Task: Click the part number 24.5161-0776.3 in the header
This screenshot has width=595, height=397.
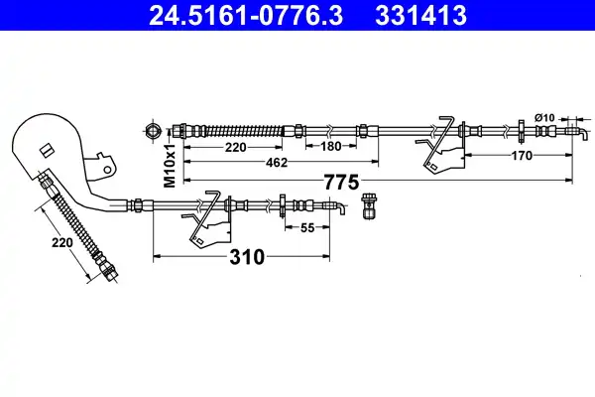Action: point(246,16)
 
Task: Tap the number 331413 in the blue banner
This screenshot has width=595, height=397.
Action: point(420,16)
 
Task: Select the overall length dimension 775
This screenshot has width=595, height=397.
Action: point(341,183)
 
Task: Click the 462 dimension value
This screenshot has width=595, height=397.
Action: point(277,163)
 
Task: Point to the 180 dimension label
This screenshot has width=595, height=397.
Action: point(331,146)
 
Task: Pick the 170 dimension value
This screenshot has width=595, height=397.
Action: point(522,156)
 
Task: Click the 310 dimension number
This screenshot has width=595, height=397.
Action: point(247,257)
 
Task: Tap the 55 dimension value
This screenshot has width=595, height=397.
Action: point(307,228)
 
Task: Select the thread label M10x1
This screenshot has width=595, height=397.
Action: point(170,166)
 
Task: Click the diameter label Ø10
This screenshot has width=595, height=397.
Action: point(544,118)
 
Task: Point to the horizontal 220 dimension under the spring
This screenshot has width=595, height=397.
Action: point(236,147)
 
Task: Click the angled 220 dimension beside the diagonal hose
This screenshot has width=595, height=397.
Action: point(62,242)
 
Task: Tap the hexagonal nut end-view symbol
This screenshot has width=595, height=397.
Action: point(152,131)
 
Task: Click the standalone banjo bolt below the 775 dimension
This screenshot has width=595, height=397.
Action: point(368,205)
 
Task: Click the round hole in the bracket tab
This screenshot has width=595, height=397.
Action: point(108,170)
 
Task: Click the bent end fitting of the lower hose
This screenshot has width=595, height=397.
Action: point(335,207)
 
